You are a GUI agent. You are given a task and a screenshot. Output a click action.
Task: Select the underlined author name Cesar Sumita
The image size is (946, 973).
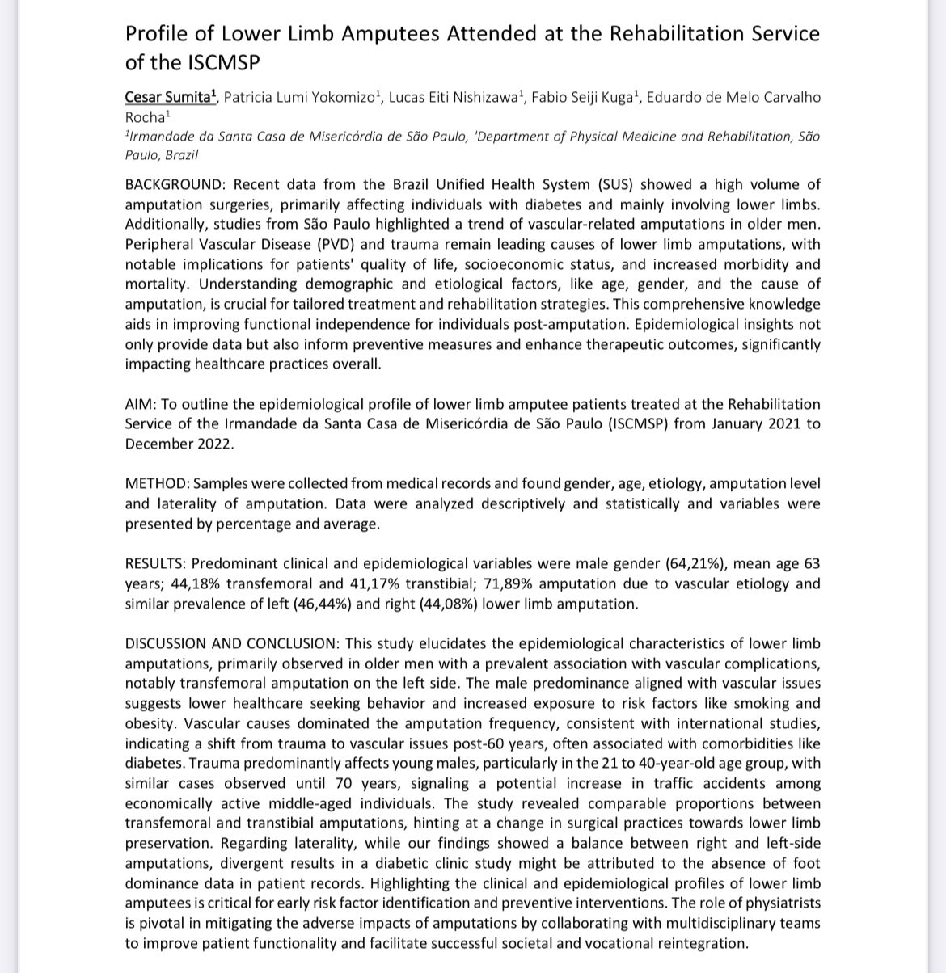[170, 97]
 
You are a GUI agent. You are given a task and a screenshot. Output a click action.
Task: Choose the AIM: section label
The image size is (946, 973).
[141, 404]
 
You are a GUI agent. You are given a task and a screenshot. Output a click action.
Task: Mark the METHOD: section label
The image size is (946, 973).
[157, 484]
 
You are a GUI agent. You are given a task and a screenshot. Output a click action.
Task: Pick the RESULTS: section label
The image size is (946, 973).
[155, 564]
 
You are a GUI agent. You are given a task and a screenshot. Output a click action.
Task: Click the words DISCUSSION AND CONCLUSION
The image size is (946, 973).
[232, 644]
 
